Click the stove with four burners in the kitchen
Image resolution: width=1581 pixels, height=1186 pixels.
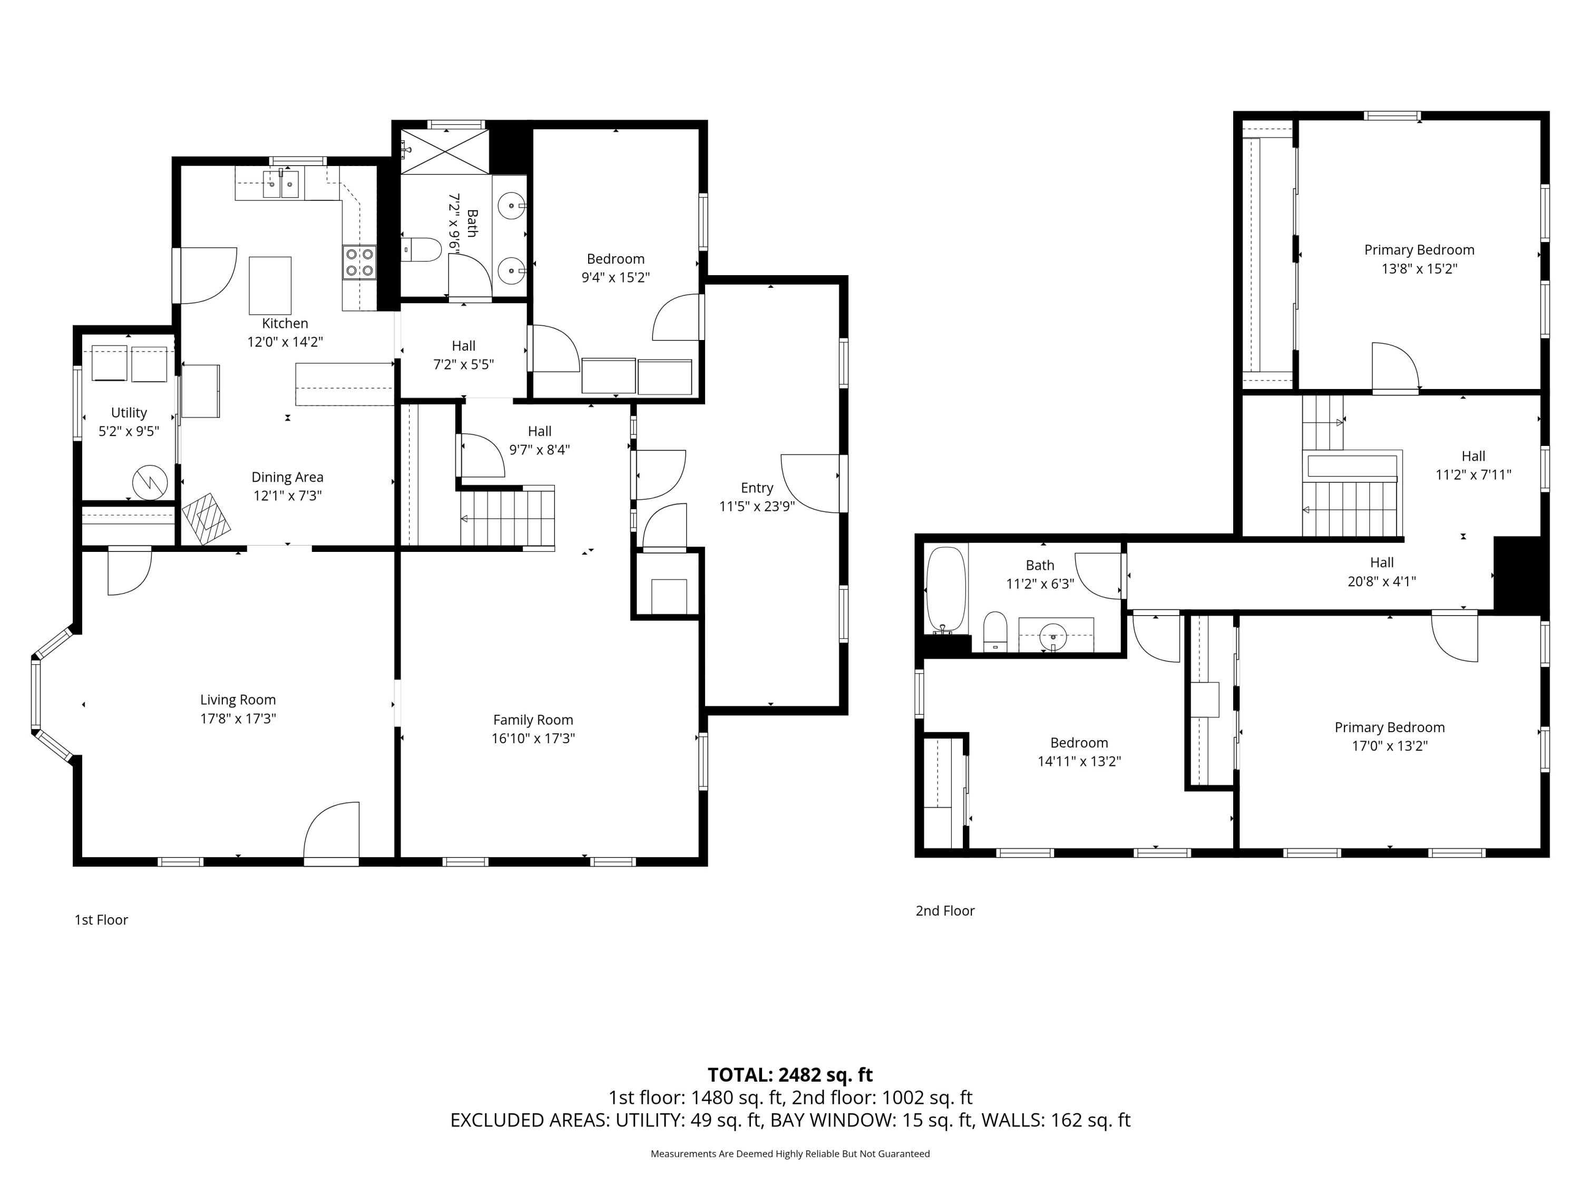(359, 261)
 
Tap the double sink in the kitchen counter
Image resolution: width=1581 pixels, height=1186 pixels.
(281, 184)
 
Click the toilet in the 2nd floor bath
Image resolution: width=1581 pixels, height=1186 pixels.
(995, 631)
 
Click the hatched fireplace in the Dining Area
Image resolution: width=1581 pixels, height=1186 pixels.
(206, 518)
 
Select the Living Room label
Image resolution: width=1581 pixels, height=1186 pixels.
(238, 700)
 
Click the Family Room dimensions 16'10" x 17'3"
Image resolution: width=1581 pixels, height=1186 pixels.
(533, 738)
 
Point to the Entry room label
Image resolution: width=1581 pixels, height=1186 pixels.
(757, 488)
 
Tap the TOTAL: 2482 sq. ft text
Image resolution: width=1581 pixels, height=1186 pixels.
(790, 1074)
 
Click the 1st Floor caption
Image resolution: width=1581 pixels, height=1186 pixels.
(102, 920)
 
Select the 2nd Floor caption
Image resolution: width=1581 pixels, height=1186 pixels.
(945, 911)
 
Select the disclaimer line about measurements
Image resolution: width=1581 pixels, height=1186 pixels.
(790, 1153)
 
